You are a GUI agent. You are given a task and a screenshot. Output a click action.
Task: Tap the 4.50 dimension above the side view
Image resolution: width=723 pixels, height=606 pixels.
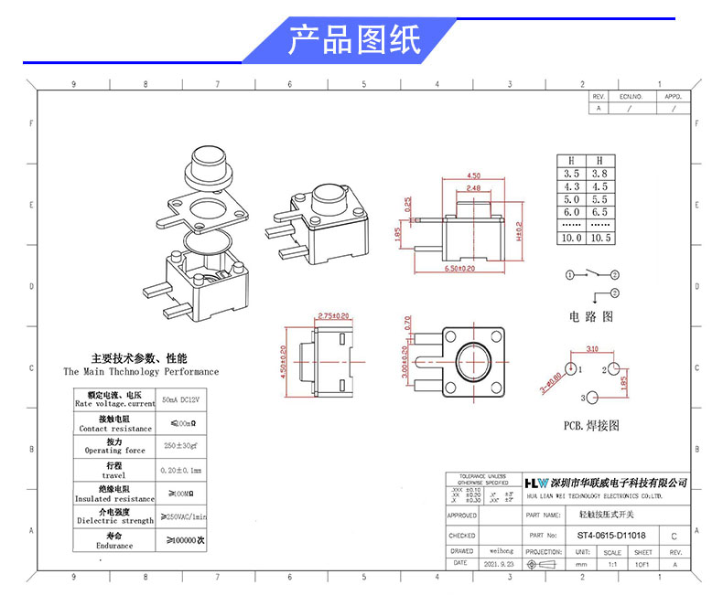point(473,175)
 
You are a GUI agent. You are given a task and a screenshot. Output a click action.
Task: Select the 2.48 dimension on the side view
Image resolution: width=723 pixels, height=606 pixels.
point(473,188)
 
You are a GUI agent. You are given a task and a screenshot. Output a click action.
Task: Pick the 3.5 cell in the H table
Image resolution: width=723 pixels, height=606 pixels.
point(572,173)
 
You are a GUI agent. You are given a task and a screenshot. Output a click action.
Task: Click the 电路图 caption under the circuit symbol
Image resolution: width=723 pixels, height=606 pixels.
point(590,317)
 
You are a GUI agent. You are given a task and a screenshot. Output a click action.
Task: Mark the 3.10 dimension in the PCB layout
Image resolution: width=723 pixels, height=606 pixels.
point(592,349)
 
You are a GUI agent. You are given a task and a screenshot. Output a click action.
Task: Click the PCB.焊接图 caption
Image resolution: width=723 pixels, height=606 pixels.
point(591,425)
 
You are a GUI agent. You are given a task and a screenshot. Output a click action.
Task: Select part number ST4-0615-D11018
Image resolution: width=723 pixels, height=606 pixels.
point(611,536)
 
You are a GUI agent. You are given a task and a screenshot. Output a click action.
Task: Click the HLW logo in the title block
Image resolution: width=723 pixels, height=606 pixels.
point(535,483)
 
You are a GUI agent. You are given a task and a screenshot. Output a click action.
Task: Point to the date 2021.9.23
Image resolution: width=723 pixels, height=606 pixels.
point(499,564)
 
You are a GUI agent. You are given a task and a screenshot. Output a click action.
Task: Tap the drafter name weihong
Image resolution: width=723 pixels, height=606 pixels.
point(499,551)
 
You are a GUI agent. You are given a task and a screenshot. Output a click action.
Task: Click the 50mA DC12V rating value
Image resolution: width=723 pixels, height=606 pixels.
point(181,399)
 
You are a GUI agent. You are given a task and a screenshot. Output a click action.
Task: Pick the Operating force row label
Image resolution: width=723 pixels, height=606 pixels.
point(115,451)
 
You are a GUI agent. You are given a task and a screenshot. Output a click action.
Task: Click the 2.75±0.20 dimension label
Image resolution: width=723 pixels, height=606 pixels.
point(332,316)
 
